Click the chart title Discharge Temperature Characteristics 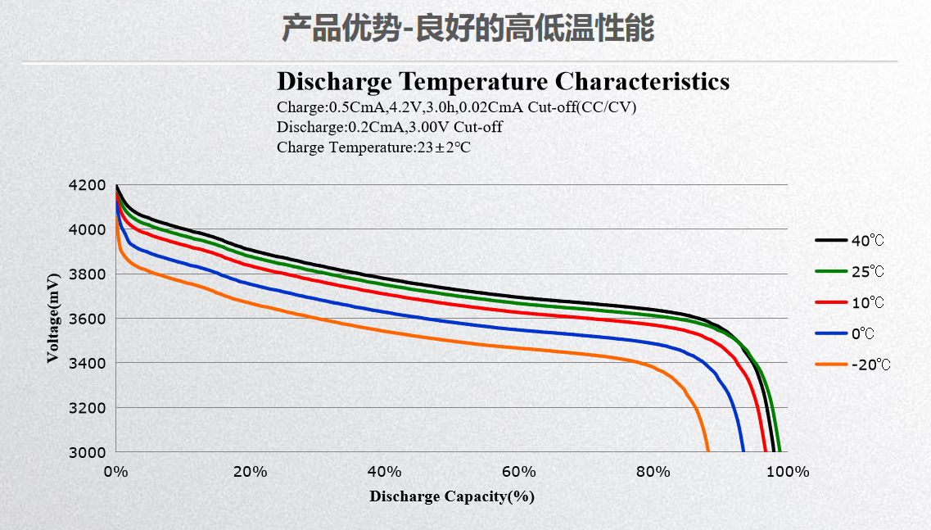tap(503, 82)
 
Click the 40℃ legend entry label tap(868, 241)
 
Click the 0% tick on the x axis tap(115, 472)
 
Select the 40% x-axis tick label tap(384, 472)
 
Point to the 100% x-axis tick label tap(789, 472)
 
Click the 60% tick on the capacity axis tap(518, 472)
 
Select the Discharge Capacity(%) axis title tap(451, 496)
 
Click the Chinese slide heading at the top tap(468, 29)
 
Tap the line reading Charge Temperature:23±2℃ tap(373, 147)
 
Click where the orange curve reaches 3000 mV tap(707, 451)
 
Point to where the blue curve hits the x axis tap(743, 451)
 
